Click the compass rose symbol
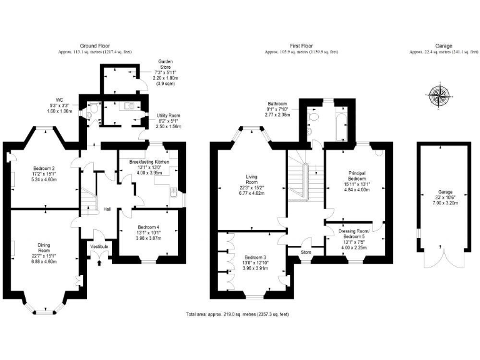click(x=440, y=97)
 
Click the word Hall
click(x=107, y=209)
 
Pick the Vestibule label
click(x=100, y=246)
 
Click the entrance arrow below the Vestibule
click(x=100, y=262)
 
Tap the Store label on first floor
click(x=306, y=252)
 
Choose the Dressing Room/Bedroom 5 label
click(x=354, y=236)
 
